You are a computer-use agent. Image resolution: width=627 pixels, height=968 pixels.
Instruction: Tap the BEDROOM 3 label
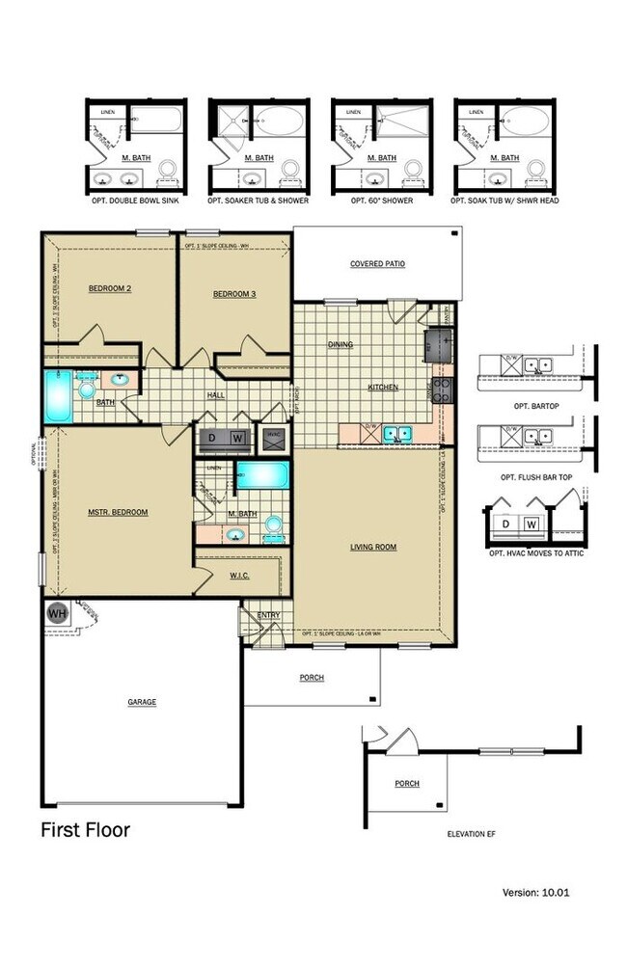233,293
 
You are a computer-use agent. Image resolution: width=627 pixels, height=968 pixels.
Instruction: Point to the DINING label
341,344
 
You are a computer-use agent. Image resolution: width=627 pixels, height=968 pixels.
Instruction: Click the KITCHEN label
383,388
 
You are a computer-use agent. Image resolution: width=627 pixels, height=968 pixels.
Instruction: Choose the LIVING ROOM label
373,547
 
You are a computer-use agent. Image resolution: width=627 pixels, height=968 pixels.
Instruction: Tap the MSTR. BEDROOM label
119,512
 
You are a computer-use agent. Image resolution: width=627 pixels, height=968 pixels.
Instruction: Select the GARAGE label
141,702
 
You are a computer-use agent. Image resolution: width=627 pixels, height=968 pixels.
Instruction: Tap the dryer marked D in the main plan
212,439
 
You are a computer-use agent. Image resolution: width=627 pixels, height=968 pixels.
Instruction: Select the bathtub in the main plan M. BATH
262,475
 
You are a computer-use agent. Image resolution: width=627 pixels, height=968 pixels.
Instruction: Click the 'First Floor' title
85,829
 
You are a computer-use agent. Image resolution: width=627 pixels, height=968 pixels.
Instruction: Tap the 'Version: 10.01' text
536,893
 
